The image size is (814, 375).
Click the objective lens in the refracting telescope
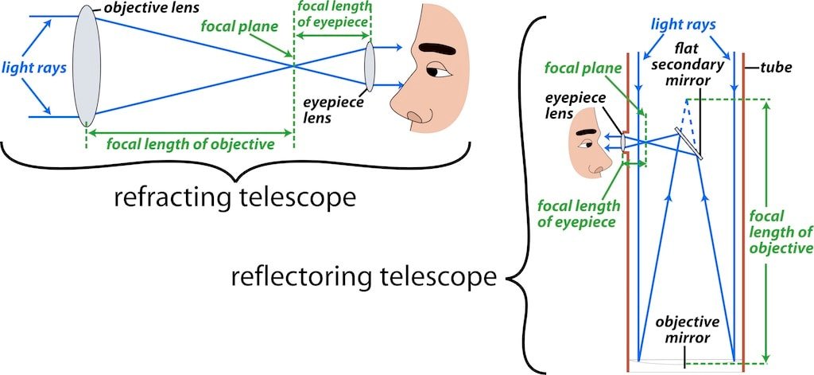pyautogui.click(x=86, y=66)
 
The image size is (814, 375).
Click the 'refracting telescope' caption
pyautogui.click(x=235, y=197)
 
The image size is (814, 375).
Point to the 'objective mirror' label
pyautogui.click(x=687, y=330)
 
